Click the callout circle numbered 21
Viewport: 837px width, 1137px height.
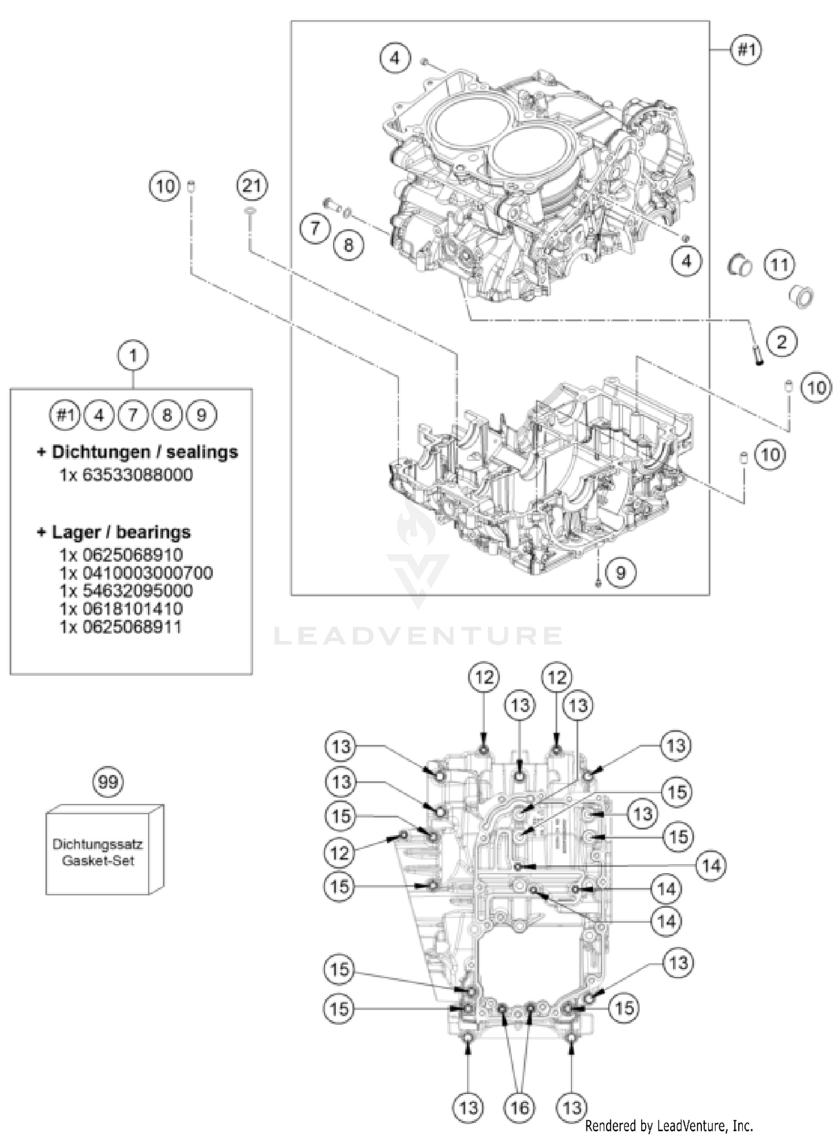(x=252, y=185)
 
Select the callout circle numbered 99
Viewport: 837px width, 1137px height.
(x=108, y=782)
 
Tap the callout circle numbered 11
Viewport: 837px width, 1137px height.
(x=779, y=264)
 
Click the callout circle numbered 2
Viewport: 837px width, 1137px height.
(x=781, y=341)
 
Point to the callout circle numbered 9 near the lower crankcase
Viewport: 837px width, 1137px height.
(x=620, y=571)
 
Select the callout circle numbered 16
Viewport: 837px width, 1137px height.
(x=519, y=1107)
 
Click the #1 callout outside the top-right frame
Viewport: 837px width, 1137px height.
(x=747, y=50)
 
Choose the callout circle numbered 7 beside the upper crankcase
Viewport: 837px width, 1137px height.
(x=315, y=228)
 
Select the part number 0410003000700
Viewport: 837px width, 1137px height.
(x=136, y=573)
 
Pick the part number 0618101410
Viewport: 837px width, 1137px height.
(x=121, y=609)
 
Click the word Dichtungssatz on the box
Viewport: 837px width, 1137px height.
(x=98, y=844)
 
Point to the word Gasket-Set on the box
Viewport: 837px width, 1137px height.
(x=98, y=860)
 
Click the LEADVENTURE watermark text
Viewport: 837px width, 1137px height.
(x=418, y=635)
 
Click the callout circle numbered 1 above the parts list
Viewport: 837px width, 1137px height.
(x=132, y=355)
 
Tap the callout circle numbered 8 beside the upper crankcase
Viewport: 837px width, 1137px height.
(x=348, y=244)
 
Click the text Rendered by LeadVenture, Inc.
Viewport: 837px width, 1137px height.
(x=668, y=1125)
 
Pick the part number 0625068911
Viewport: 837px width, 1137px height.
(x=121, y=627)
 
